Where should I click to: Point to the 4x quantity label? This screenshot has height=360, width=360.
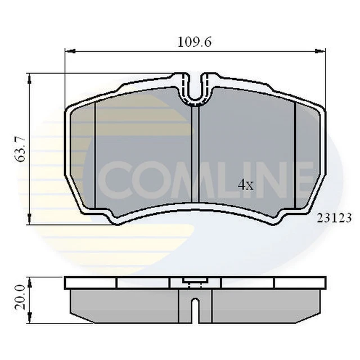(x=245, y=184)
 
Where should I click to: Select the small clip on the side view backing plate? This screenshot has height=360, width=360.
(x=194, y=282)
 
